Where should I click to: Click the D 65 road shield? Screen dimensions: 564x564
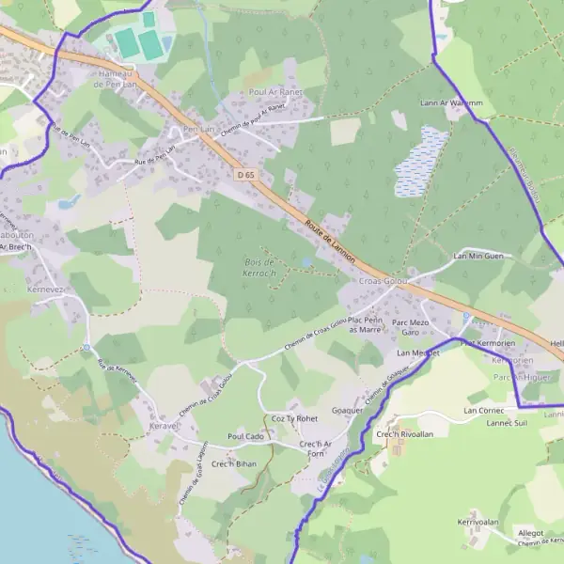coord(245,175)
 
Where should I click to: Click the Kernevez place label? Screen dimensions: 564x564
coord(45,290)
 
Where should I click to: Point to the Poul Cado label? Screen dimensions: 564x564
coord(245,437)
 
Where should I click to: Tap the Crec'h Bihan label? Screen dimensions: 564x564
coord(233,463)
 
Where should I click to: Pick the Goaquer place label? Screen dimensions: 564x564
coord(348,411)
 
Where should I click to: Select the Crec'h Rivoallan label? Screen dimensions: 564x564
coord(404,434)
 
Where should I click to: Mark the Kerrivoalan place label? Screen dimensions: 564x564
coord(478,522)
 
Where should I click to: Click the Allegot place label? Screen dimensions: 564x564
coord(531,533)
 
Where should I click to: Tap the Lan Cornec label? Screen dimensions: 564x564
coord(484,411)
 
